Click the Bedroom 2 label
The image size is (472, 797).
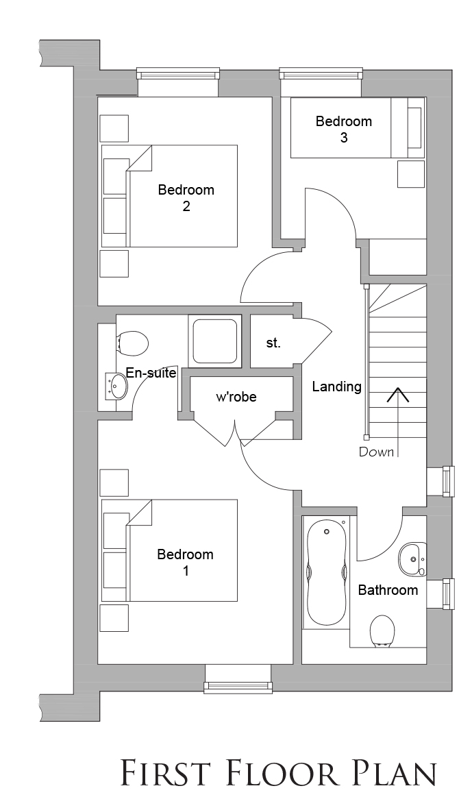(x=186, y=198)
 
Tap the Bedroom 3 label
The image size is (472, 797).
(x=343, y=129)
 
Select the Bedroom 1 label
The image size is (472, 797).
(x=186, y=562)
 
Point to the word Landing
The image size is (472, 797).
(x=336, y=387)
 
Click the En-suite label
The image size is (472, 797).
(x=151, y=373)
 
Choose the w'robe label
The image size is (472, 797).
(x=236, y=397)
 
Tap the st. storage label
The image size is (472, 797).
(x=273, y=343)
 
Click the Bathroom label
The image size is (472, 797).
(x=388, y=590)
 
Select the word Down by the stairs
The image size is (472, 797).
(x=376, y=452)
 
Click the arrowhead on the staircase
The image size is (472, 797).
(x=398, y=395)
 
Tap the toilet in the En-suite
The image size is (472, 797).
(x=132, y=343)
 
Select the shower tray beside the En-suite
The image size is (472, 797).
(x=213, y=341)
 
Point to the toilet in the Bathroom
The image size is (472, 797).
(x=382, y=630)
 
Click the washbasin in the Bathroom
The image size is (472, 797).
(x=412, y=559)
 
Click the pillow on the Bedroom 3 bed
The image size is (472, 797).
(x=415, y=128)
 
